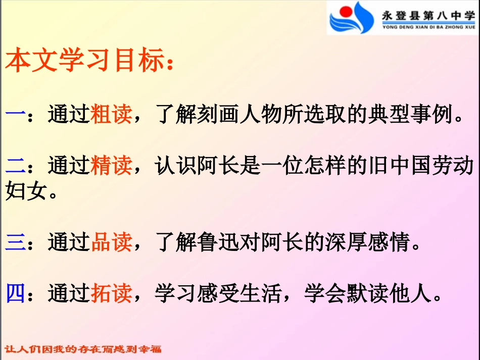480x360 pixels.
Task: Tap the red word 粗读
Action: click(x=111, y=115)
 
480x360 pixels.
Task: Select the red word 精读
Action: click(x=111, y=166)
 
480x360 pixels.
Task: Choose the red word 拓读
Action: click(x=111, y=293)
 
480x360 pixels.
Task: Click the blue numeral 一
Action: click(x=15, y=115)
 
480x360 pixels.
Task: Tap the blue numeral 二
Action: click(x=15, y=166)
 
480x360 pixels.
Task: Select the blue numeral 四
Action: click(x=15, y=293)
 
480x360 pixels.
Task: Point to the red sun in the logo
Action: click(x=347, y=11)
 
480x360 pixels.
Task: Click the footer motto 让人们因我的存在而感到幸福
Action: click(x=83, y=349)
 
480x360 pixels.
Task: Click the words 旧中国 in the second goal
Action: click(x=399, y=166)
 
